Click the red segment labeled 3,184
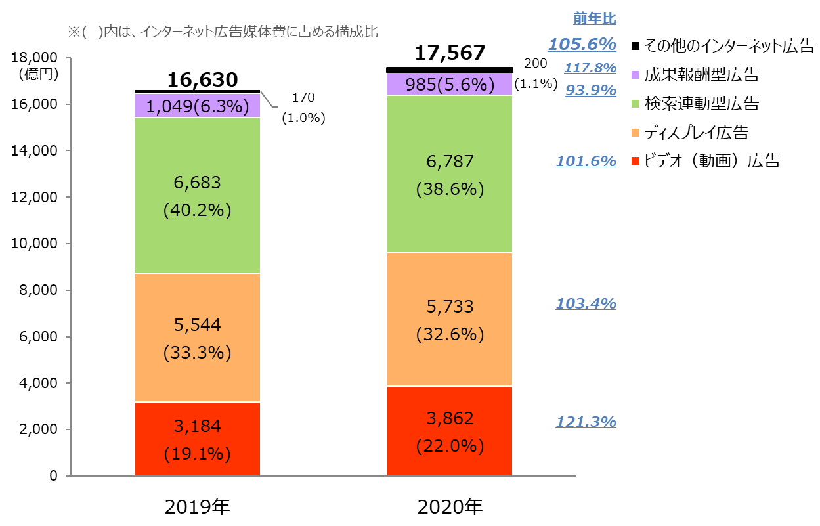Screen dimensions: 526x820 [197, 439]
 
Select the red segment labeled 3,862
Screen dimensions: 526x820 [450, 431]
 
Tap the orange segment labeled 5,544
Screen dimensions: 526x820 [197, 338]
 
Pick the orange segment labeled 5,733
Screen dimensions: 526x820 [450, 319]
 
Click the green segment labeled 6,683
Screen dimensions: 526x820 [197, 195]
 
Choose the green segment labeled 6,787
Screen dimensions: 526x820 [450, 174]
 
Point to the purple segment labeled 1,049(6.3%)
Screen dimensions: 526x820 [197, 106]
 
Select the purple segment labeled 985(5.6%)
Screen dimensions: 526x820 [450, 84]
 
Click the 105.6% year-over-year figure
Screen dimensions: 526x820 [582, 45]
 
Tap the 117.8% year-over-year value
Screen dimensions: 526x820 [590, 68]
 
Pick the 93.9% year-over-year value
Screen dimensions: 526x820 [591, 90]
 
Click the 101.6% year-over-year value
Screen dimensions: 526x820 [586, 161]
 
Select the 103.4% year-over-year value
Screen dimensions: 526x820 [586, 303]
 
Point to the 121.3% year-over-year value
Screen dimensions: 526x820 [586, 422]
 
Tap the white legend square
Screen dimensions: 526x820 [636, 46]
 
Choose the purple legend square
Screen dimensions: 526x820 [636, 75]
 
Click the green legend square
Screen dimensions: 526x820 [636, 104]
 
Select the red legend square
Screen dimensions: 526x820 [636, 162]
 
